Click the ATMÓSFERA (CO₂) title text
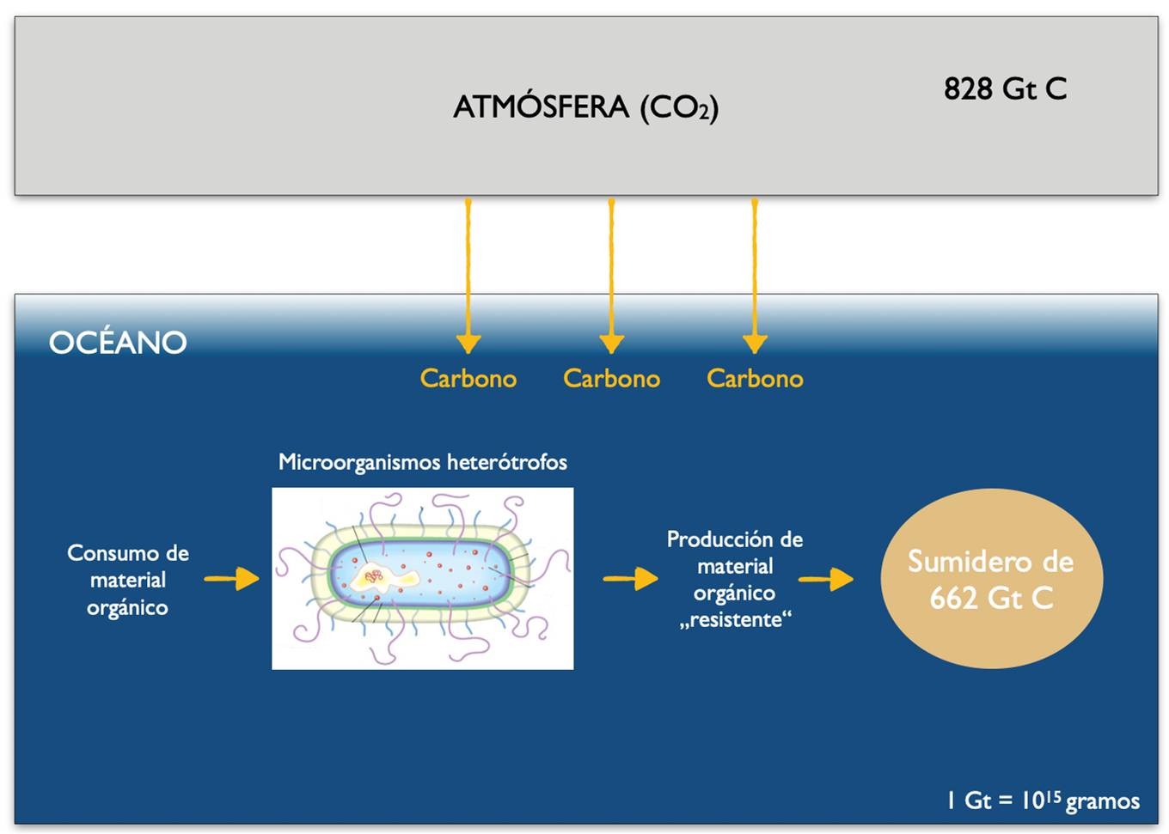click(x=585, y=108)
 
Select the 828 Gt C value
click(x=1005, y=88)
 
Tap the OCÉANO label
click(x=118, y=342)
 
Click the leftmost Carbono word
click(x=468, y=378)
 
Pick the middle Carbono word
click(x=612, y=378)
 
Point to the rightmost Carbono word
click(x=755, y=378)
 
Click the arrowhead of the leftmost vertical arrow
click(x=468, y=344)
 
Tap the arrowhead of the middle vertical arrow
click(x=612, y=344)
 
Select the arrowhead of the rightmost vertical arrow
click(x=755, y=344)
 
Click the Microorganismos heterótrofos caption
click(x=423, y=462)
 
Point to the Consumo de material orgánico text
click(x=128, y=580)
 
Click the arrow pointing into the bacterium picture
click(x=232, y=578)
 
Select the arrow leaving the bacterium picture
click(x=630, y=578)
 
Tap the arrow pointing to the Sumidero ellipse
click(x=825, y=579)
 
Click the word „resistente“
click(x=735, y=620)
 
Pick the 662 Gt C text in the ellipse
click(x=992, y=598)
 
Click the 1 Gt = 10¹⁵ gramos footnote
click(x=1044, y=801)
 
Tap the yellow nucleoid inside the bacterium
click(x=384, y=578)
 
